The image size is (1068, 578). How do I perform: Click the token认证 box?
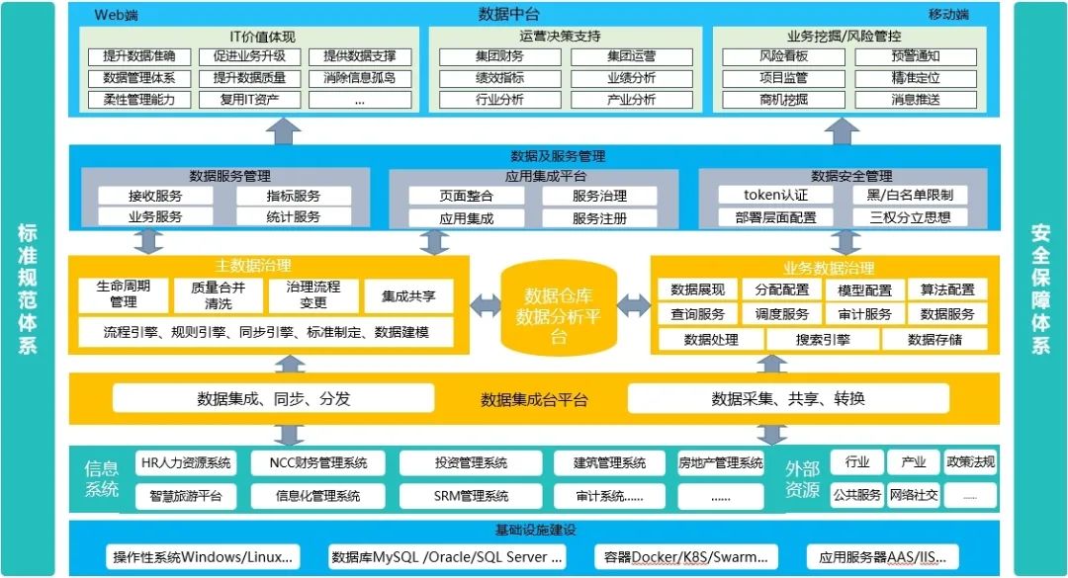(x=775, y=196)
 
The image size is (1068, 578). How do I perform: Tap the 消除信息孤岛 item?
(x=359, y=78)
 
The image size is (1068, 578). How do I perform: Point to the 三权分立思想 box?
(x=910, y=217)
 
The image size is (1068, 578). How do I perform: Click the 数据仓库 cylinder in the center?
(x=560, y=308)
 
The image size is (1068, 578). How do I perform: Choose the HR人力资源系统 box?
(x=187, y=462)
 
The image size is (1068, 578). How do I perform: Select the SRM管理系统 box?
(x=471, y=495)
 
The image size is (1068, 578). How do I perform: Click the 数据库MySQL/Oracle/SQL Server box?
(x=448, y=557)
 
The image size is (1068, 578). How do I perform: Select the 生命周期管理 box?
(x=124, y=294)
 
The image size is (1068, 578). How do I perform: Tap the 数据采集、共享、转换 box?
(x=788, y=399)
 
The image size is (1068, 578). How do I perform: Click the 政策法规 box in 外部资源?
(x=970, y=462)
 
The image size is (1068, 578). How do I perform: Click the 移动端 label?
(x=948, y=15)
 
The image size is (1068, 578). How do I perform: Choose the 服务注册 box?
(x=599, y=218)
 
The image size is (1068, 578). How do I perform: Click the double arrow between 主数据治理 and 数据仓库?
(x=484, y=306)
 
